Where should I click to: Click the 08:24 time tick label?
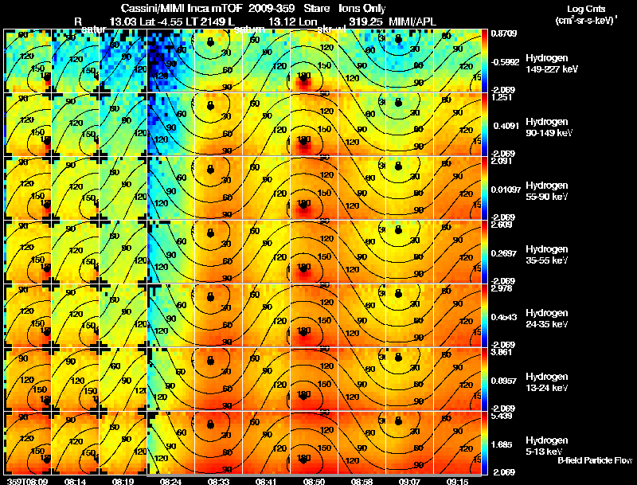click(170, 481)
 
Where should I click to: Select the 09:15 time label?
click(457, 481)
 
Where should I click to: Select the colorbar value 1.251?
click(502, 97)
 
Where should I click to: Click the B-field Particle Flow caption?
click(594, 460)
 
